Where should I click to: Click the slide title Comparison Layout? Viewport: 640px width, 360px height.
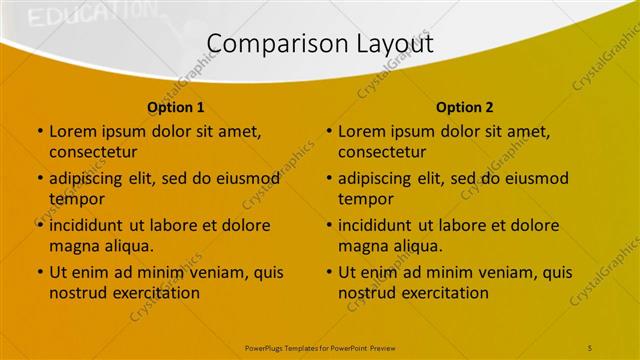click(320, 43)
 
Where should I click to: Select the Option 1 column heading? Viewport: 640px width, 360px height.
click(176, 107)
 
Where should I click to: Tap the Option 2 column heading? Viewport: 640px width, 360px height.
click(465, 107)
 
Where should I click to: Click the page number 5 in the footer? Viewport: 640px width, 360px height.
click(590, 347)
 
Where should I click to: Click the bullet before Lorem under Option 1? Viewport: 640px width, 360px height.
click(39, 132)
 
